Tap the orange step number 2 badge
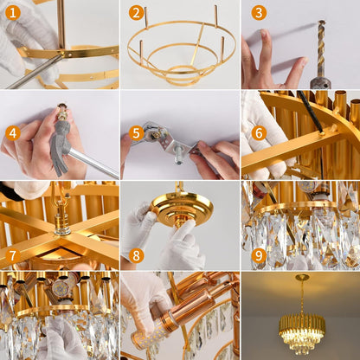point(136,13)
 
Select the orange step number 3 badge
point(258,13)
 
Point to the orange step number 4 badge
point(12,133)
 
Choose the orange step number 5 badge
point(136,133)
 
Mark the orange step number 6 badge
point(259,133)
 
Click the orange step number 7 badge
point(12,255)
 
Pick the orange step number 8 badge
point(136,255)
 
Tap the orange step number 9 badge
point(259,255)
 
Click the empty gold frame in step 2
point(180,52)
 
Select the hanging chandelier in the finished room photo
point(301,329)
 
